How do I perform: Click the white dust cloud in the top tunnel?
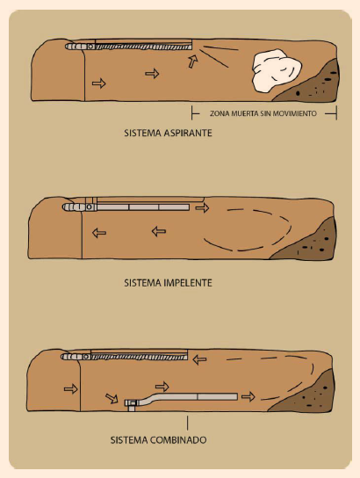point(277,70)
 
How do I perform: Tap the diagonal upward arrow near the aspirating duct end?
point(193,62)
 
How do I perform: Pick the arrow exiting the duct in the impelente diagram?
point(202,208)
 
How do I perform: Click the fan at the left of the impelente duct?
point(79,207)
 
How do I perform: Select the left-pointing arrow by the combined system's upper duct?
point(200,359)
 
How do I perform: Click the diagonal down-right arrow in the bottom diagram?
point(112,398)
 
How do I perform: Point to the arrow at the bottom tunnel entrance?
point(71,389)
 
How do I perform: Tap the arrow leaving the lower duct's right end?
point(248,396)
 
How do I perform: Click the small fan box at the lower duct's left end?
point(131,405)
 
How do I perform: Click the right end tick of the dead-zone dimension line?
point(336,113)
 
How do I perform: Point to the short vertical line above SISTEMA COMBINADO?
point(187,423)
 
